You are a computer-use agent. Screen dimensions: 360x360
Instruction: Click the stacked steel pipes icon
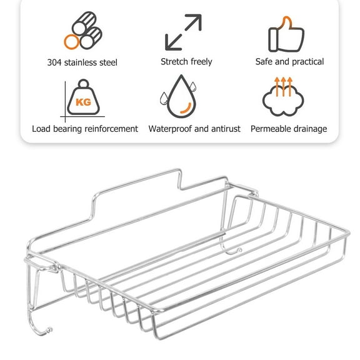[81, 32]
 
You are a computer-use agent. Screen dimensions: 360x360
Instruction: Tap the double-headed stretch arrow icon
[183, 32]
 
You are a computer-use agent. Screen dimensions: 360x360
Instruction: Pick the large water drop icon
[181, 97]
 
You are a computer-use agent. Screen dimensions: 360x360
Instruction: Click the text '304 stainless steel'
[82, 62]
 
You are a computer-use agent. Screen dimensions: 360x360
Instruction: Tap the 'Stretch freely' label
[186, 62]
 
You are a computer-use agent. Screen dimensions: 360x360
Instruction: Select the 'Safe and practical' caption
[289, 62]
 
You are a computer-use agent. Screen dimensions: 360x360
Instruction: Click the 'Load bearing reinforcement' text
[85, 129]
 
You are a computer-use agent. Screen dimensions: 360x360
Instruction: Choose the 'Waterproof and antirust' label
[194, 129]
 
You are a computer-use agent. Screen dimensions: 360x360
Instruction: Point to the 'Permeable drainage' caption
[289, 129]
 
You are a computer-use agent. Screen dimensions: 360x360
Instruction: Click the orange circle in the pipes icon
[72, 42]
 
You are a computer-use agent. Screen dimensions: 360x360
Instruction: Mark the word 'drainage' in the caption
[308, 129]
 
